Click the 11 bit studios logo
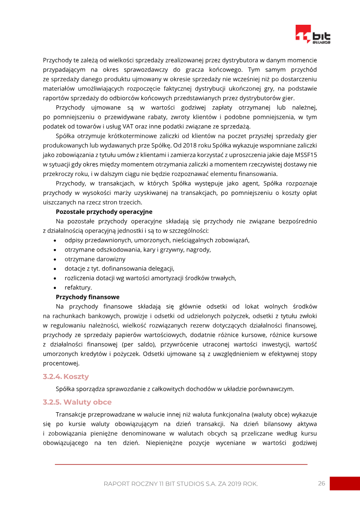pos(313,35)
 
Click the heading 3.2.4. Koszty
pos(66,376)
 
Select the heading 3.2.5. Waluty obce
pos(77,402)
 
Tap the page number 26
pos(321,483)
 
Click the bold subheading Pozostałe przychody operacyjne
pos(104,212)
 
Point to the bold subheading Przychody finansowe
pos(87,297)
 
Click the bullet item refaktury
pos(78,288)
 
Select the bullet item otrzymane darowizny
pos(94,259)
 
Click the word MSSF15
pos(306,165)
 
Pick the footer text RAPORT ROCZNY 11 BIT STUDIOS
pos(180,484)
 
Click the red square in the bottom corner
pos(345,483)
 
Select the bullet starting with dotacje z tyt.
pos(119,269)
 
